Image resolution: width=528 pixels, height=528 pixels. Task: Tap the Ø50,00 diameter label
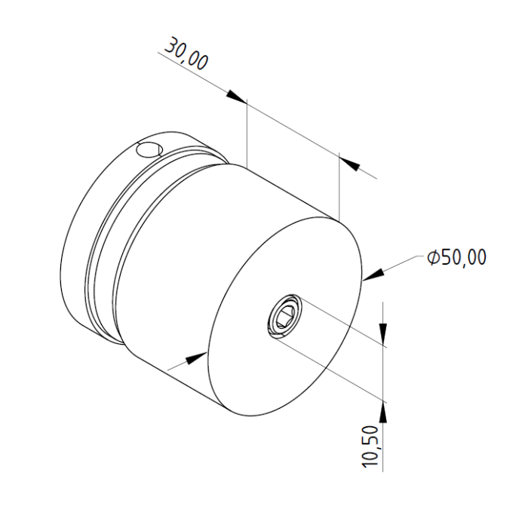pos(456,257)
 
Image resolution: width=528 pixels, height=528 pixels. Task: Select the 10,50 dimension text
pos(370,447)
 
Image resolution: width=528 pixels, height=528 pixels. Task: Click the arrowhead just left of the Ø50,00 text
pos(373,275)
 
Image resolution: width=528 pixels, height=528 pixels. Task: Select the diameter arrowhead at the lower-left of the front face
pos(196,358)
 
